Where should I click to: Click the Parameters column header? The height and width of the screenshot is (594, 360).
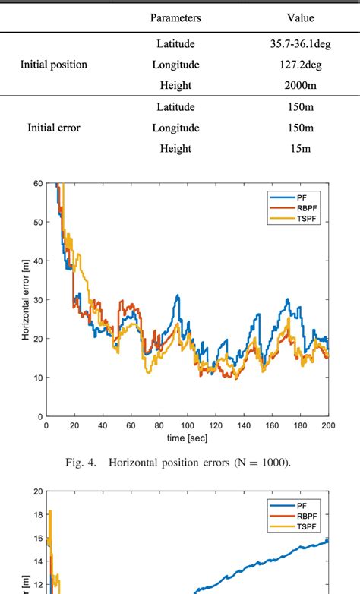coord(175,17)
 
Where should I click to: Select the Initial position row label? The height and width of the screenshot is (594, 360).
coord(53,65)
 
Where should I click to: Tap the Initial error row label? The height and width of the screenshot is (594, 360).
coord(53,128)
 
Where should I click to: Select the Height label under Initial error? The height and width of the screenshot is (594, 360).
coord(175,148)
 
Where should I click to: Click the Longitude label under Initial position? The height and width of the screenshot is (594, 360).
coord(175,65)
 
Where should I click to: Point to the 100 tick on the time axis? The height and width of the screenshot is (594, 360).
coord(187,425)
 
